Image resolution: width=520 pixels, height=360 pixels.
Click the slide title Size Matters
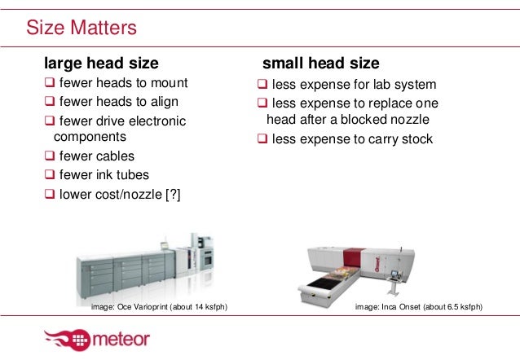click(82, 29)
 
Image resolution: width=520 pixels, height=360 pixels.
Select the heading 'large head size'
click(100, 63)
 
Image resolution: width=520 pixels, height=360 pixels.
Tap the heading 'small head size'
click(319, 63)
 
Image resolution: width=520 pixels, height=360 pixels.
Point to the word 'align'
click(162, 102)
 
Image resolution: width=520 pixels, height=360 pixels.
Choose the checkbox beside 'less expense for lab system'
click(262, 85)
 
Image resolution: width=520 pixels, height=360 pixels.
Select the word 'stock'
click(415, 138)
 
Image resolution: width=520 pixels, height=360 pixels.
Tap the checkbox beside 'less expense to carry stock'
click(262, 138)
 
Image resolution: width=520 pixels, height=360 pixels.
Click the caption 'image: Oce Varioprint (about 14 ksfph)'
click(159, 306)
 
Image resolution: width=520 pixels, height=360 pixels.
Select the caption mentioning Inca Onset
click(420, 306)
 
